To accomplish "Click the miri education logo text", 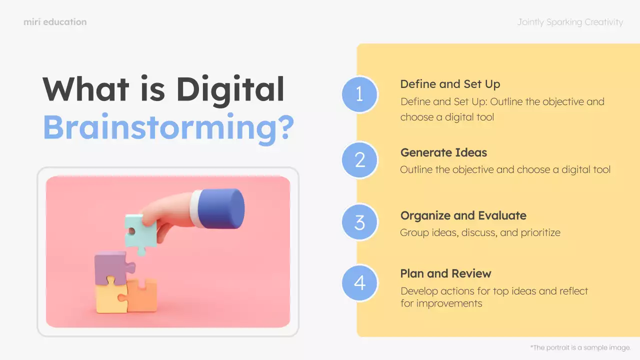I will [x=55, y=22].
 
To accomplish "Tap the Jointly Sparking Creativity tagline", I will [x=570, y=22].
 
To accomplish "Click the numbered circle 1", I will [x=359, y=94].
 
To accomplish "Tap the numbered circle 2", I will [x=359, y=159].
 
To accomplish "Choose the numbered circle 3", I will [x=359, y=222].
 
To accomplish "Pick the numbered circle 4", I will [x=359, y=283].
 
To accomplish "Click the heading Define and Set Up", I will [x=450, y=84].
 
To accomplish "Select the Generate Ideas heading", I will [x=443, y=152].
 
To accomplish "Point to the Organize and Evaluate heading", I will [x=463, y=215].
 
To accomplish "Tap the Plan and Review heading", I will [x=445, y=273].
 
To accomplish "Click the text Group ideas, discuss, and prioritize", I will [x=480, y=232].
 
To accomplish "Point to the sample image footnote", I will [x=580, y=347].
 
